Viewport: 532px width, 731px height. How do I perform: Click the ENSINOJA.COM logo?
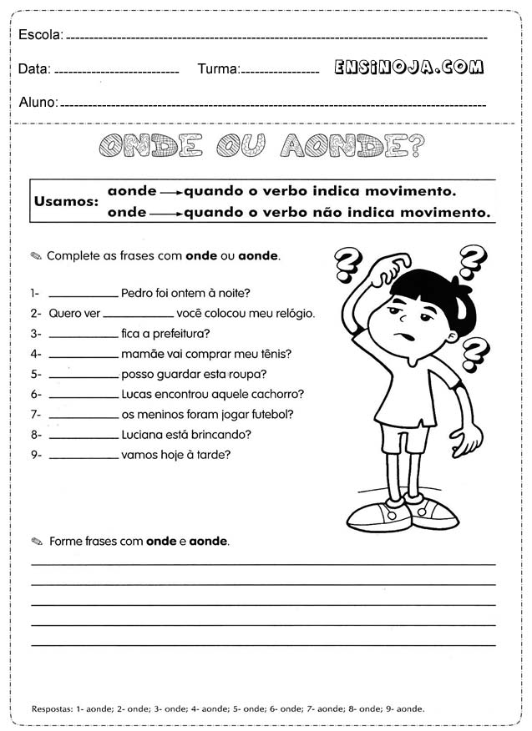[408, 68]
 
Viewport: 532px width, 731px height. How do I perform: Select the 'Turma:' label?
[219, 69]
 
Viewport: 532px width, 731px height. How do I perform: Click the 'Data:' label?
[34, 69]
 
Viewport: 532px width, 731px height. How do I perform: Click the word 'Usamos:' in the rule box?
[66, 202]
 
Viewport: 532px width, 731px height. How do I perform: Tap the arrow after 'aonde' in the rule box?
[170, 192]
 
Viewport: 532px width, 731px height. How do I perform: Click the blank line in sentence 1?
[83, 295]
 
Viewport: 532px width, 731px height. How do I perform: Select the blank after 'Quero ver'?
[138, 315]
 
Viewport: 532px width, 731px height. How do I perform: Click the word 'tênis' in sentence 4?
[273, 354]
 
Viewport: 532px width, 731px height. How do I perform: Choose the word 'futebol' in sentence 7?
[267, 414]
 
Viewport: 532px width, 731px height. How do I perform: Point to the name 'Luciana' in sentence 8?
[144, 434]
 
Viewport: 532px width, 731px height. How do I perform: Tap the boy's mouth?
[405, 337]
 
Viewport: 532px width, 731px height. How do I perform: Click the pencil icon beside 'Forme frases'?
[37, 541]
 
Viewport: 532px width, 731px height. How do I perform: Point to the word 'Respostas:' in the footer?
[52, 708]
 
